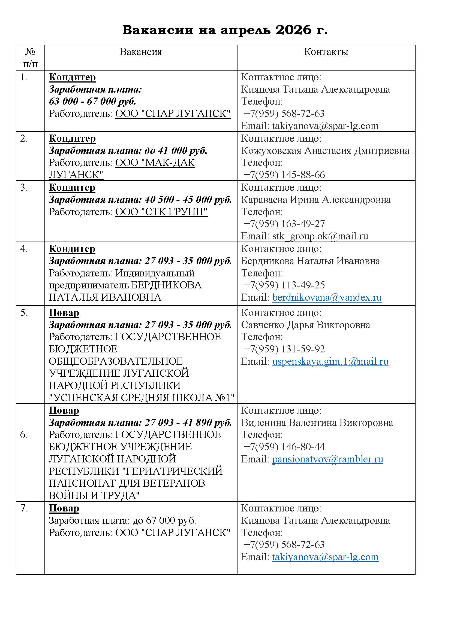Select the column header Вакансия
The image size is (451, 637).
pyautogui.click(x=140, y=52)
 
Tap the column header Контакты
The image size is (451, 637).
pyautogui.click(x=326, y=52)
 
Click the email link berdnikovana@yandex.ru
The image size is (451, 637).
pyautogui.click(x=327, y=297)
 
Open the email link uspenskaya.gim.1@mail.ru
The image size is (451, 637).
pyautogui.click(x=330, y=361)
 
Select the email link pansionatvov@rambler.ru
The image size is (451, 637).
pyautogui.click(x=327, y=459)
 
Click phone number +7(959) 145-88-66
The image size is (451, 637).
pyautogui.click(x=284, y=175)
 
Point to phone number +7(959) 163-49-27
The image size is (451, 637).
pyautogui.click(x=284, y=224)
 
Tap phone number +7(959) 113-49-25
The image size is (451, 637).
pyautogui.click(x=284, y=285)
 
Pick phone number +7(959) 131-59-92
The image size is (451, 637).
pyautogui.click(x=284, y=349)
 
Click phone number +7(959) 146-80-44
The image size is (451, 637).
pyautogui.click(x=284, y=447)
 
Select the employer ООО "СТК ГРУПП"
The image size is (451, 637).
pyautogui.click(x=161, y=212)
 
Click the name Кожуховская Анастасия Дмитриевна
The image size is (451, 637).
pyautogui.click(x=325, y=151)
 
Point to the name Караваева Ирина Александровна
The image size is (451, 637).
pyautogui.click(x=315, y=200)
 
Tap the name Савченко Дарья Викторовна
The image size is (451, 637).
pyautogui.click(x=305, y=325)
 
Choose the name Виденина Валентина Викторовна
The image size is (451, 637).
pyautogui.click(x=317, y=423)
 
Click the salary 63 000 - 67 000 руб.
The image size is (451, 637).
pyautogui.click(x=92, y=101)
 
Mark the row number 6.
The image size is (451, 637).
pyautogui.click(x=24, y=435)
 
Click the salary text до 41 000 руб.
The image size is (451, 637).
pyautogui.click(x=176, y=151)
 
